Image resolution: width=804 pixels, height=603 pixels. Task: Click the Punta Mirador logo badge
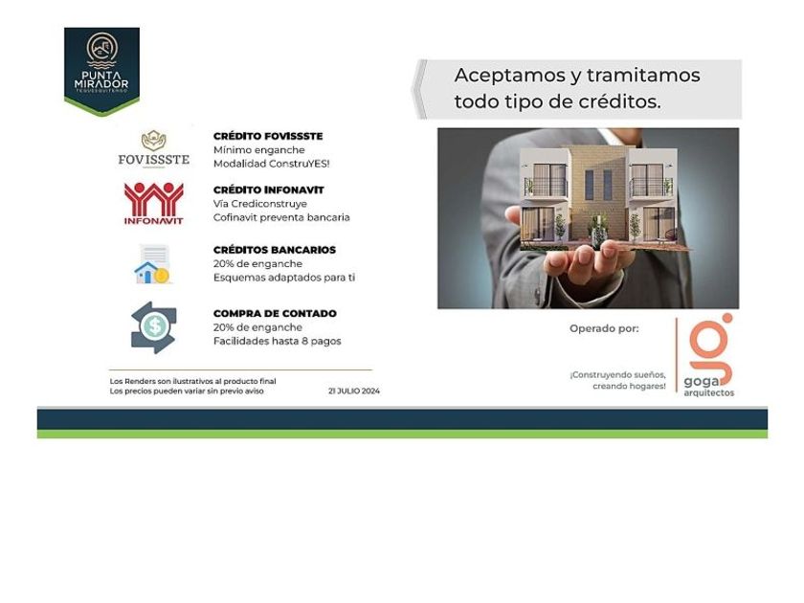(101, 71)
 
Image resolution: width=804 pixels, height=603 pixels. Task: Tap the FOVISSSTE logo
(154, 148)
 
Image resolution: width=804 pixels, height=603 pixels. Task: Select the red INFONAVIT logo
(153, 203)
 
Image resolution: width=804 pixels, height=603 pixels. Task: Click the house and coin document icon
(152, 264)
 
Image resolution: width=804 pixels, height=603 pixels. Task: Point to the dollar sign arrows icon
(154, 327)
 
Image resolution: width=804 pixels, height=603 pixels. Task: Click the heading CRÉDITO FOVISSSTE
(268, 136)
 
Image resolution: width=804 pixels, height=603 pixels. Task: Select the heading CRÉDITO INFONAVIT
(269, 190)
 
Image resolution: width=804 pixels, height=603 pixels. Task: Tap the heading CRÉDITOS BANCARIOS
(275, 250)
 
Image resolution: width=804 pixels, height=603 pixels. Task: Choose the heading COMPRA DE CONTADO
(275, 313)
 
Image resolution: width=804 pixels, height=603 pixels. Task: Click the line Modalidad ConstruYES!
(271, 164)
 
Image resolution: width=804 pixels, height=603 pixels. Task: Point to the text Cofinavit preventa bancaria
(281, 217)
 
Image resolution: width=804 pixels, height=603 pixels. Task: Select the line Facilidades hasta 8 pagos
(277, 341)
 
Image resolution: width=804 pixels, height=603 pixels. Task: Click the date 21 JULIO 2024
(354, 391)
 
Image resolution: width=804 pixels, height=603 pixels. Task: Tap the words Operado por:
(604, 328)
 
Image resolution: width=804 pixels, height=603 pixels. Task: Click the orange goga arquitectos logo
(708, 355)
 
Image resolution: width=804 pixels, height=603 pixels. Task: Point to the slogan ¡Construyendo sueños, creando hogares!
(618, 381)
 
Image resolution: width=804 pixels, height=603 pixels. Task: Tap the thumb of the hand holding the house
(514, 216)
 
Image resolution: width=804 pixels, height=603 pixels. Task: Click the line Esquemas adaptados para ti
(284, 278)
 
